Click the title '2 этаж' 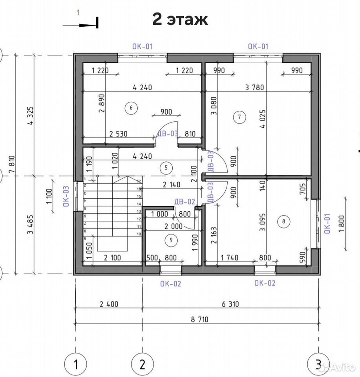tap(180, 19)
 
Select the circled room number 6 tap(131, 108)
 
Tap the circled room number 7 tap(239, 117)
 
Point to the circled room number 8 tap(283, 221)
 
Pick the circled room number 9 tap(171, 240)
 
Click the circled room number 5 tap(166, 168)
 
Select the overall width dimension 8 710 tap(200, 319)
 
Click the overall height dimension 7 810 tap(12, 164)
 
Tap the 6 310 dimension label tap(230, 304)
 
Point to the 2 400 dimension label tap(109, 304)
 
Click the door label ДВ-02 tap(185, 201)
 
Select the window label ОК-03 tap(66, 196)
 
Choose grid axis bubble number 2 tap(143, 364)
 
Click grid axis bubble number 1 tap(76, 364)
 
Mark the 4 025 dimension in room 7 tap(263, 119)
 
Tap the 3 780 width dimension tap(254, 87)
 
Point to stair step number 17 tap(139, 181)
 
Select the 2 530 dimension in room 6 tap(118, 134)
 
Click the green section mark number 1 tap(78, 13)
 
